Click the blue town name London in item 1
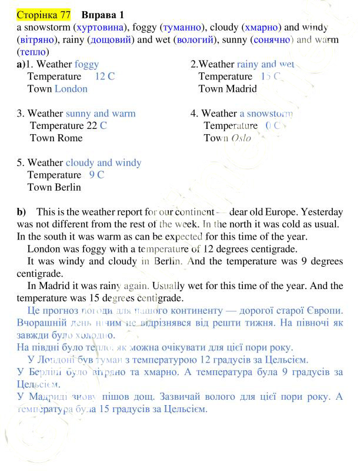coord(71,89)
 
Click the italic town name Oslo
coord(241,138)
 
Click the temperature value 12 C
coord(104,77)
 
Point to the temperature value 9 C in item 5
coord(96,175)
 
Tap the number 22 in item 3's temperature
coord(91,126)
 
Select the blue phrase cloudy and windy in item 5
coord(104,163)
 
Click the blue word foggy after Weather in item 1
coord(86,64)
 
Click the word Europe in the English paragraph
coord(289,212)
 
